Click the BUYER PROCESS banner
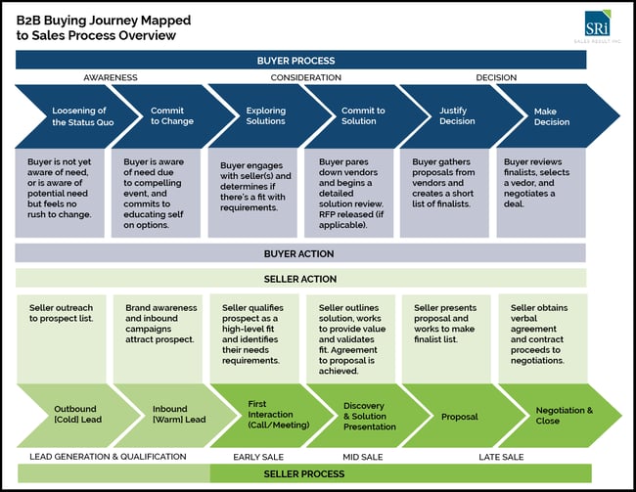point(301,60)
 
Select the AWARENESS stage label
point(110,77)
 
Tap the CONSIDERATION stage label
point(305,77)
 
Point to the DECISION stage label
point(496,77)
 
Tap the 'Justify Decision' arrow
point(457,115)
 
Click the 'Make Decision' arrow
point(554,115)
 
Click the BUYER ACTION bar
point(300,253)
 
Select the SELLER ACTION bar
point(300,279)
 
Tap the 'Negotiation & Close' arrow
point(558,416)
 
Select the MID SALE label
point(362,457)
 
